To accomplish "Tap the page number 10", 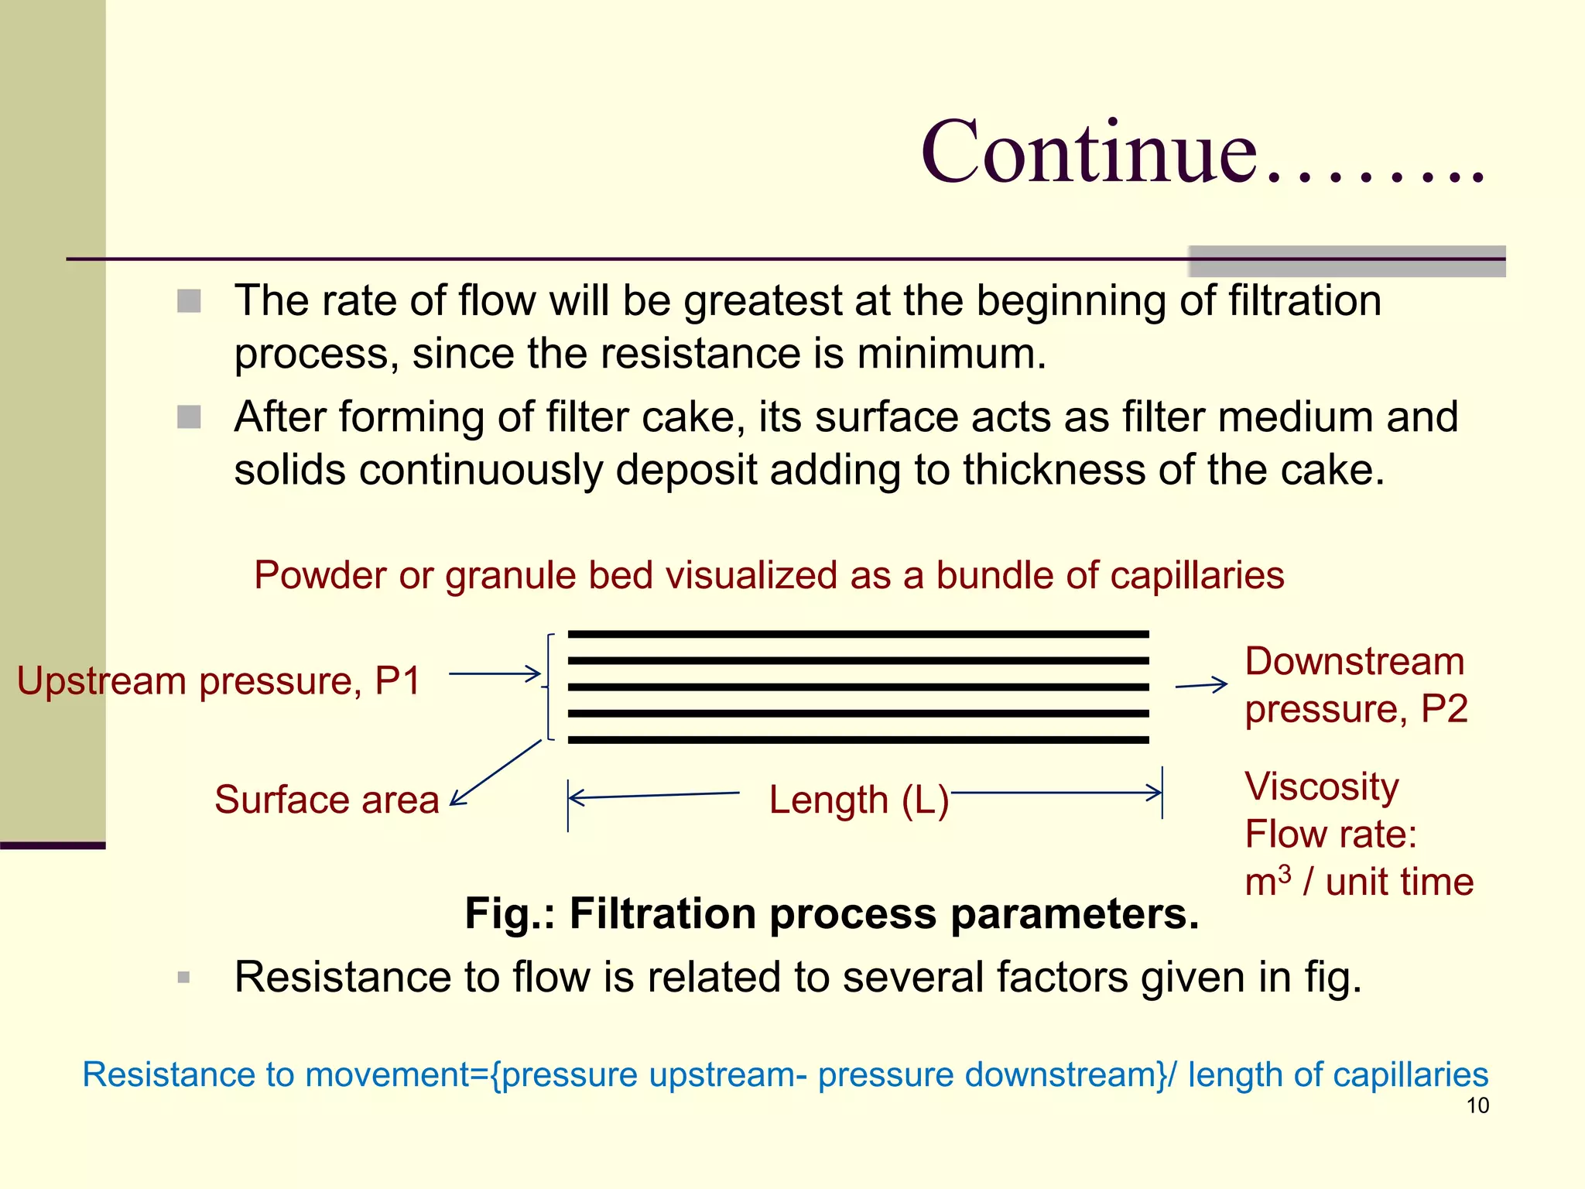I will pos(1477,1105).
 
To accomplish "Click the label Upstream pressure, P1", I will pos(218,681).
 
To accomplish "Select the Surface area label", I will pos(327,800).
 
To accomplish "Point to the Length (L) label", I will pos(858,800).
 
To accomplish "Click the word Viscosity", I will pos(1322,786).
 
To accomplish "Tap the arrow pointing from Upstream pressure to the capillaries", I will pos(495,674).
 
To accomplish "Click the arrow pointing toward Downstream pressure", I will pos(1201,685).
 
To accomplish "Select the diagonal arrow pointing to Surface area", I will pos(496,772).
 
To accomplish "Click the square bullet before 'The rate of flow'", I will pos(189,301).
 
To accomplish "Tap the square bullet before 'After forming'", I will pos(189,417).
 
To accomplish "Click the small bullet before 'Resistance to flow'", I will pos(183,977).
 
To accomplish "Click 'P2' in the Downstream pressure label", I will pos(1444,709).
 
